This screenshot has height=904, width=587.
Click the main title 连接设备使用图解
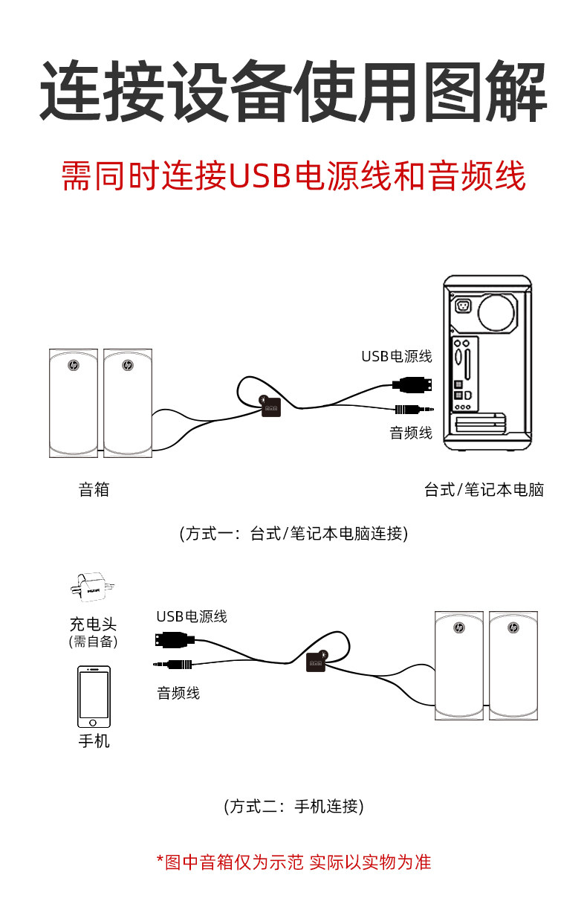pyautogui.click(x=293, y=92)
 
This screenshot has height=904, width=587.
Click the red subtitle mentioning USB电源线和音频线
pyautogui.click(x=293, y=176)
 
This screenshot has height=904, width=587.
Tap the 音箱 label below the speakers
pyautogui.click(x=94, y=489)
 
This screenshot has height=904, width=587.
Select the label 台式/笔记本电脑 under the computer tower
pyautogui.click(x=484, y=489)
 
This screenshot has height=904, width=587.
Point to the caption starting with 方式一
pyautogui.click(x=293, y=533)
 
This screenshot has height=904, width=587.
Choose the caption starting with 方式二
pyautogui.click(x=293, y=806)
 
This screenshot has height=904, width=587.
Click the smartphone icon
pyautogui.click(x=94, y=697)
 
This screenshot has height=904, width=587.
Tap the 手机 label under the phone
pyautogui.click(x=94, y=740)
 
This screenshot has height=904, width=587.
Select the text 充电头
pyautogui.click(x=94, y=624)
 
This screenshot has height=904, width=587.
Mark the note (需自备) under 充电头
pyautogui.click(x=94, y=642)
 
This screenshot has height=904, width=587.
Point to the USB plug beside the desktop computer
pyautogui.click(x=411, y=384)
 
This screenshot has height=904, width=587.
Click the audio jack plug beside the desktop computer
pyautogui.click(x=413, y=409)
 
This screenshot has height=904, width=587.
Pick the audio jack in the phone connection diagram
pyautogui.click(x=173, y=663)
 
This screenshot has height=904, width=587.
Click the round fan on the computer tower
pyautogui.click(x=496, y=310)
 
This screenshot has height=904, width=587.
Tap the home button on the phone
pyautogui.click(x=94, y=722)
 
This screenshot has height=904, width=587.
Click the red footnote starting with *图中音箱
pyautogui.click(x=293, y=862)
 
